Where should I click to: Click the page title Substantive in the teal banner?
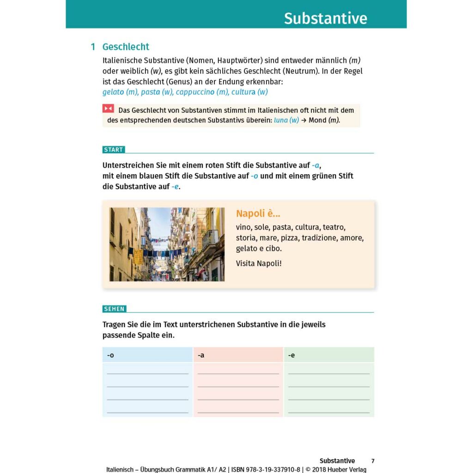(325, 18)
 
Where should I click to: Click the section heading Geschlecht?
(126, 47)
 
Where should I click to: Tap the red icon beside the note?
(108, 109)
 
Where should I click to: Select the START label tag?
(114, 150)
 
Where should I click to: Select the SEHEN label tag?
(114, 309)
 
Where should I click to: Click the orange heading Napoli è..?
(258, 213)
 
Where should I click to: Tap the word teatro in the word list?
(334, 227)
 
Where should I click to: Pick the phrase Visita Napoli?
(258, 263)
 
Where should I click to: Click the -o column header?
(110, 355)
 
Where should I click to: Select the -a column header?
(201, 355)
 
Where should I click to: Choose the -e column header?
(291, 355)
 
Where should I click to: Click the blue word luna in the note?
(281, 120)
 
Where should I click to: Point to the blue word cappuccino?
(195, 92)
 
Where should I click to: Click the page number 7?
(373, 461)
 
